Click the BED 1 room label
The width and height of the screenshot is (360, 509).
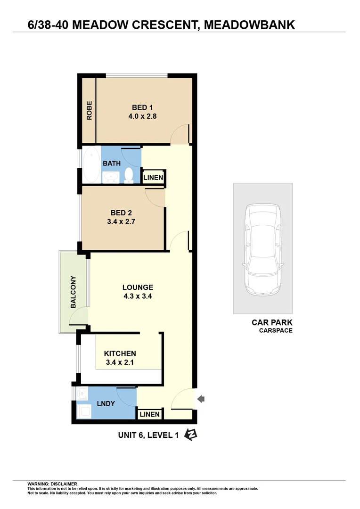tap(142, 107)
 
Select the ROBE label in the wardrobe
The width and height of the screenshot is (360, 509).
tap(89, 111)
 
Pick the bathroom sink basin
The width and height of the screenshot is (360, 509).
tap(112, 177)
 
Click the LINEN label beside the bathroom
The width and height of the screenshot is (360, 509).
tap(153, 178)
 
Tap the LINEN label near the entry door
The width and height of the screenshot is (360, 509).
tap(150, 415)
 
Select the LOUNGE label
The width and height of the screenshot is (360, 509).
tap(138, 287)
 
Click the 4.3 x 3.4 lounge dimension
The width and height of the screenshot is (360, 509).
tap(138, 297)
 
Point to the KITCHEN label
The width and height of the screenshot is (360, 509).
tap(120, 353)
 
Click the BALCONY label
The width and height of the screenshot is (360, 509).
tap(73, 292)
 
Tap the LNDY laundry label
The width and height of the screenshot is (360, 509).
tap(106, 404)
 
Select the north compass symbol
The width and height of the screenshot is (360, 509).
tap(191, 435)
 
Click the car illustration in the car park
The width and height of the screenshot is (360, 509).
tap(262, 248)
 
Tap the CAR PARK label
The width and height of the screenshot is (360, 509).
tap(272, 323)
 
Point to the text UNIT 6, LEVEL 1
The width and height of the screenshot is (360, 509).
tap(148, 435)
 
